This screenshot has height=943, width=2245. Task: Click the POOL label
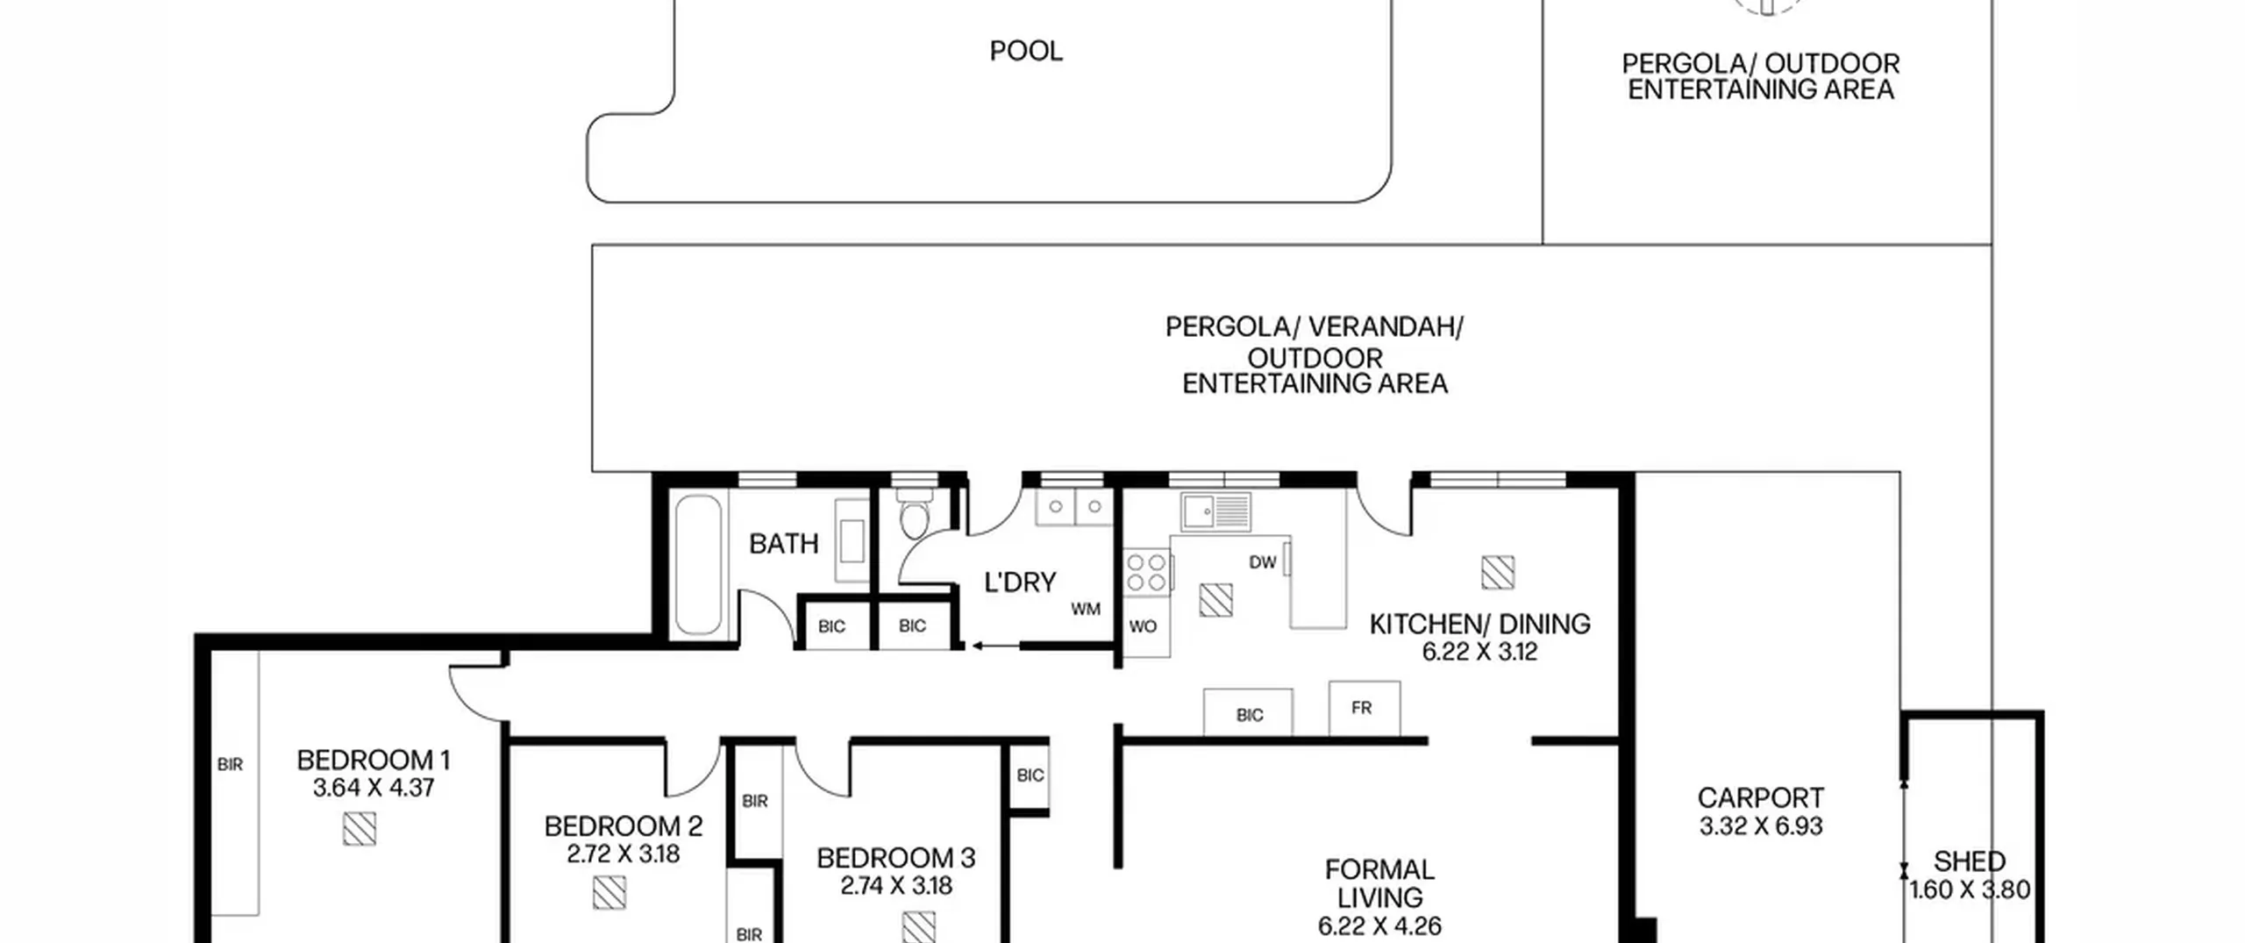(1026, 51)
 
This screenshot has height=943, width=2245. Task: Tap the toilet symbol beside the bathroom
(913, 514)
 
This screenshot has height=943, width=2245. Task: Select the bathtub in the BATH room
(699, 564)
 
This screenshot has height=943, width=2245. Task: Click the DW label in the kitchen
(1262, 562)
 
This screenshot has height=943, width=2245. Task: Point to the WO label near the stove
(1143, 626)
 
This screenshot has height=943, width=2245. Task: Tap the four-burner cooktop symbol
(1146, 572)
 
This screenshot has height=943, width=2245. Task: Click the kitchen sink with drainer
(1215, 511)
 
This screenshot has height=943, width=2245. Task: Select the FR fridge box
(1365, 708)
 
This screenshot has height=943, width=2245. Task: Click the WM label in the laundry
(1086, 609)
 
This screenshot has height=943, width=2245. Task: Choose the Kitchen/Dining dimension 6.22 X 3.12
(1479, 652)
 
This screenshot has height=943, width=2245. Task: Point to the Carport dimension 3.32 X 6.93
(1761, 826)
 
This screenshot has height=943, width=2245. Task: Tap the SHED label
(1970, 861)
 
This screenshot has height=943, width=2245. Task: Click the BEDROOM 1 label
(374, 760)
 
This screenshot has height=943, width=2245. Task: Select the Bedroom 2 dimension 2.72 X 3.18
(624, 854)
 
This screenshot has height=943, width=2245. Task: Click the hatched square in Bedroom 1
(360, 829)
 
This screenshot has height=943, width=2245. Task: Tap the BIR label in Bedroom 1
(230, 765)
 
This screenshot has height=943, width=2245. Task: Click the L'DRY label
(1020, 582)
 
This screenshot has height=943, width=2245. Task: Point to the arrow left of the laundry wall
(994, 647)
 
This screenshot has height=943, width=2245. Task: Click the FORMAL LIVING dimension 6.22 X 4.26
(1379, 926)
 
